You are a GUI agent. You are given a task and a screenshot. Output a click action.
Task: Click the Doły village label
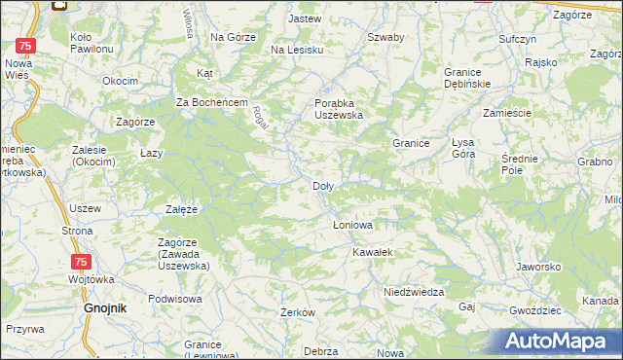(x=324, y=186)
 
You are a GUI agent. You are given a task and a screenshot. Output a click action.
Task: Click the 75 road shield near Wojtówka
(x=81, y=262)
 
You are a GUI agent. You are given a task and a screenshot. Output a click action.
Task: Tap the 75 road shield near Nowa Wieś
(x=28, y=46)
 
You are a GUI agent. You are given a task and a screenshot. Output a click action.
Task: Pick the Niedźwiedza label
(x=414, y=292)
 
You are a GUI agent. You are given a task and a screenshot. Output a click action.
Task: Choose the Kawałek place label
(x=373, y=251)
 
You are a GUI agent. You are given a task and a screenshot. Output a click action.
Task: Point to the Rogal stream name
(x=261, y=119)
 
